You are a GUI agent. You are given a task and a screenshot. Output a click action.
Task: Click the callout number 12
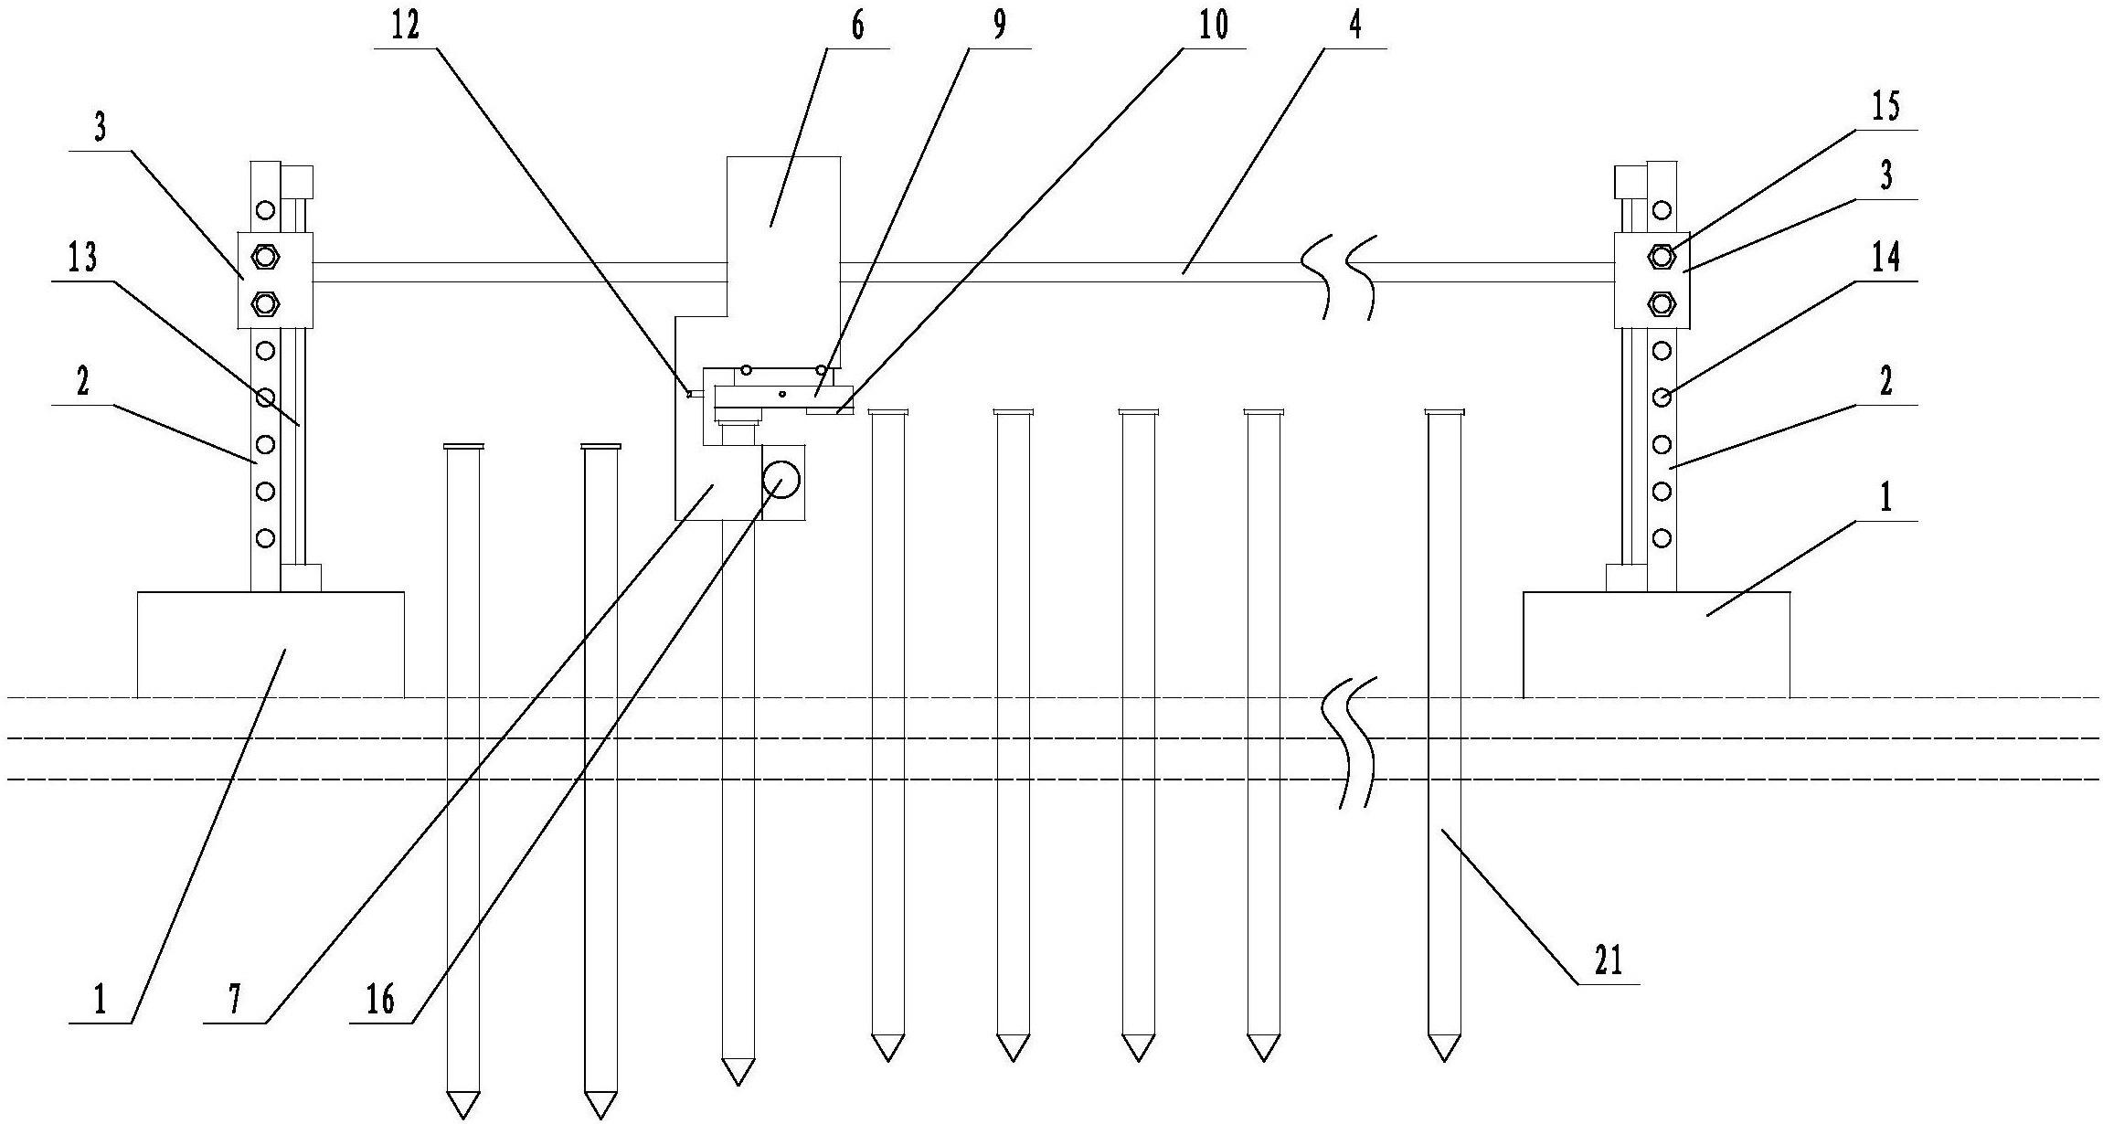(x=406, y=26)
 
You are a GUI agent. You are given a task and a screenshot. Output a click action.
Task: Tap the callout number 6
(x=856, y=26)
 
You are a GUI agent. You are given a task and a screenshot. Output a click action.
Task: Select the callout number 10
(x=1214, y=26)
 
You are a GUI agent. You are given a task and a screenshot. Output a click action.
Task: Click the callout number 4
(x=1355, y=26)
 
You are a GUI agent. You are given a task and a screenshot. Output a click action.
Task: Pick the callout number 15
(x=1885, y=107)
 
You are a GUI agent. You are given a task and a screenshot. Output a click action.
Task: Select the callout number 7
(x=234, y=1000)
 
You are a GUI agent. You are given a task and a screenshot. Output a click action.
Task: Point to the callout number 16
(x=380, y=1000)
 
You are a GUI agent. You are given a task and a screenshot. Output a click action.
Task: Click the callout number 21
(x=1609, y=960)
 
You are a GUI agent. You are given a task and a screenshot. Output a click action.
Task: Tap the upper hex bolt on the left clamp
(x=265, y=256)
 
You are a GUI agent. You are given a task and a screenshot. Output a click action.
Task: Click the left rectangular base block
(x=271, y=644)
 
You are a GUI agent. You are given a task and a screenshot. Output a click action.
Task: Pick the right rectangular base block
(x=1656, y=644)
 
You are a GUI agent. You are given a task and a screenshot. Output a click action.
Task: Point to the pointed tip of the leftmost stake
(x=462, y=1118)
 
